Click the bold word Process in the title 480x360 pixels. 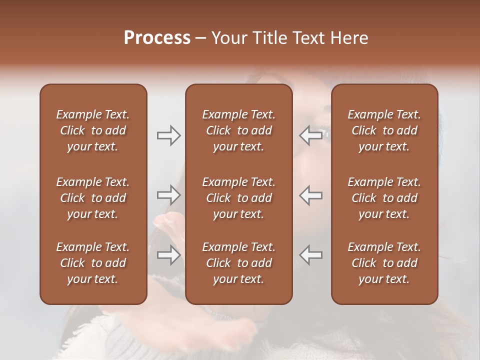pyautogui.click(x=157, y=38)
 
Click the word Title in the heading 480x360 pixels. pyautogui.click(x=270, y=38)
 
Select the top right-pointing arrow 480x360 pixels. pyautogui.click(x=168, y=135)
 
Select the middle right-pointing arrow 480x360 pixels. pyautogui.click(x=168, y=195)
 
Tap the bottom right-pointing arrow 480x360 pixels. pyautogui.click(x=168, y=255)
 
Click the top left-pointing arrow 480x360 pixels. pyautogui.click(x=310, y=135)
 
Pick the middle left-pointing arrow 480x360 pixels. pyautogui.click(x=310, y=195)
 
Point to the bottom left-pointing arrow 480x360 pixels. pyautogui.click(x=310, y=255)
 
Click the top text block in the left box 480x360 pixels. pyautogui.click(x=93, y=130)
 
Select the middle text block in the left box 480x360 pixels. pyautogui.click(x=93, y=198)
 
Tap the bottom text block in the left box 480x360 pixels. pyautogui.click(x=93, y=263)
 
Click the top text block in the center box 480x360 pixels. pyautogui.click(x=238, y=130)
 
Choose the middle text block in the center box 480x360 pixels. pyautogui.click(x=238, y=198)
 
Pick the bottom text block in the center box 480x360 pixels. pyautogui.click(x=238, y=263)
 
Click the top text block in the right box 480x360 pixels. pyautogui.click(x=384, y=130)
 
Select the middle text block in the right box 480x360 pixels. pyautogui.click(x=384, y=198)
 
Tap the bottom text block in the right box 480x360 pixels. pyautogui.click(x=384, y=263)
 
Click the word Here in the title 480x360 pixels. pyautogui.click(x=349, y=38)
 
